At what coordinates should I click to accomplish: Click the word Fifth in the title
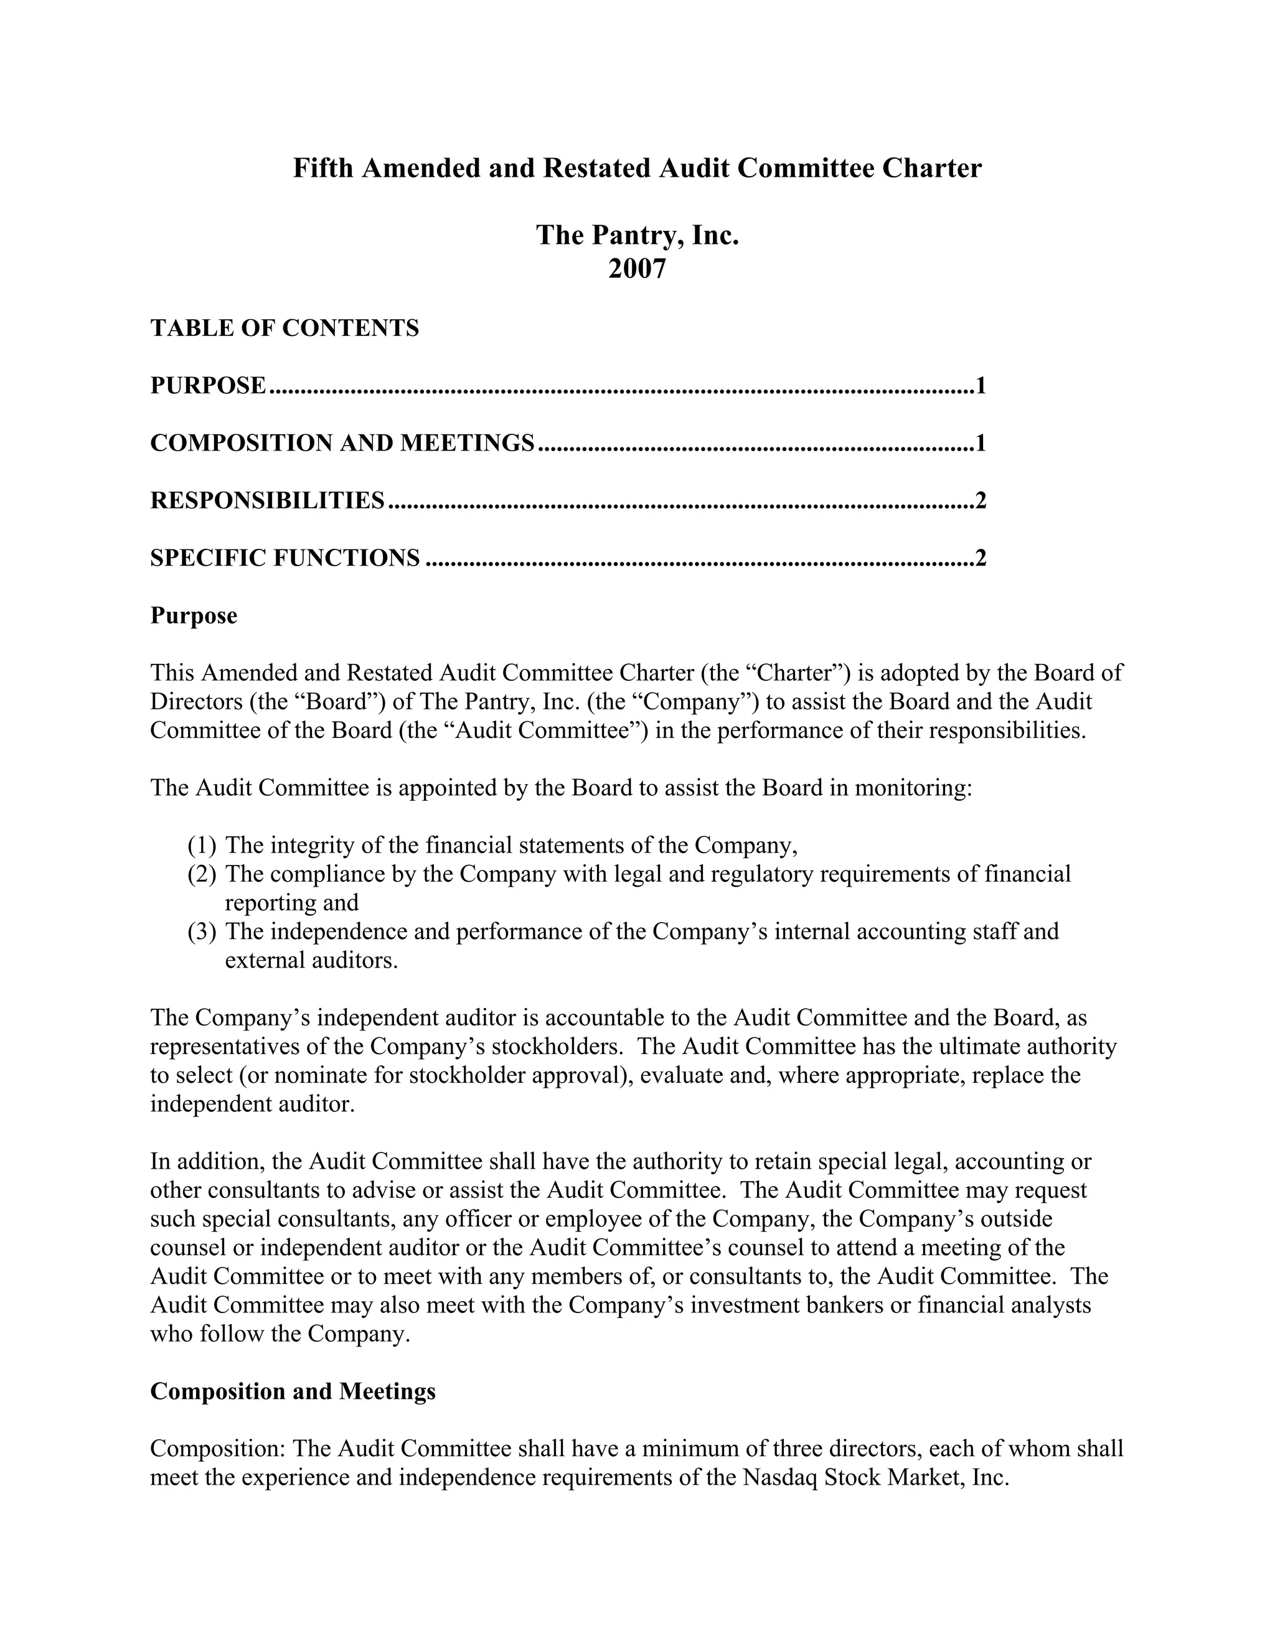tap(322, 167)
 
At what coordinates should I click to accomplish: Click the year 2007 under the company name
tap(637, 269)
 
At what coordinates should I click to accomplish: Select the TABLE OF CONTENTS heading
tap(284, 329)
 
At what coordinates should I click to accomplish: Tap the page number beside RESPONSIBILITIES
tap(981, 500)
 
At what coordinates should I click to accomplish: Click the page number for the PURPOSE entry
tap(981, 386)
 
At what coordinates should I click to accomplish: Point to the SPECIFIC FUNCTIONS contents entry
tap(285, 558)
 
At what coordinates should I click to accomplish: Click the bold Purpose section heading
tap(194, 615)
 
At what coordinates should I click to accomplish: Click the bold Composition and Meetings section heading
tap(293, 1391)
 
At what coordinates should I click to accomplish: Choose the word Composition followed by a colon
tap(217, 1449)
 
